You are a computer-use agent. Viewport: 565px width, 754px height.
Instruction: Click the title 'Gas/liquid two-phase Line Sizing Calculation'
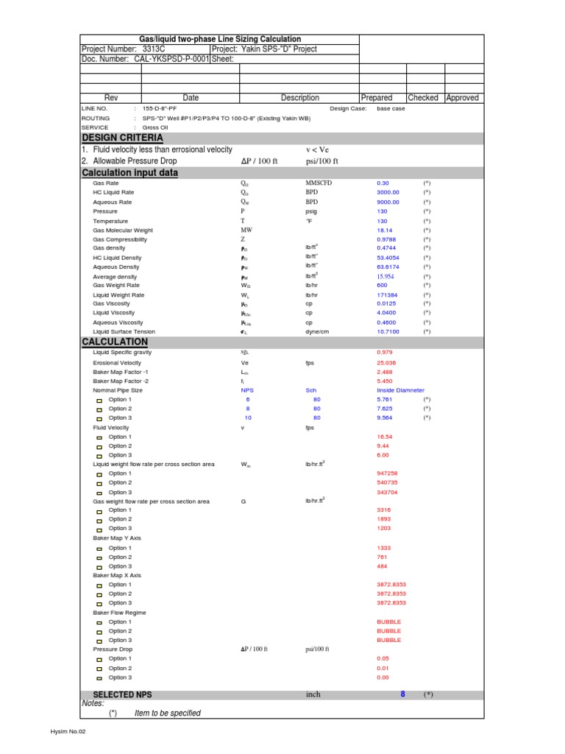[x=220, y=39]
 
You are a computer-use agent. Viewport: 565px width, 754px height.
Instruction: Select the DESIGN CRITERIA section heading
[x=122, y=138]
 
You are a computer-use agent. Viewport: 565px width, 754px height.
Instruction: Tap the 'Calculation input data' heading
[x=129, y=172]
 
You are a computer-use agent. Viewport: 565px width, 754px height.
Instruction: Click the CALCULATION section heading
[x=114, y=342]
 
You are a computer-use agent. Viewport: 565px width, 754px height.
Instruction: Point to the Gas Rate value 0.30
[x=383, y=183]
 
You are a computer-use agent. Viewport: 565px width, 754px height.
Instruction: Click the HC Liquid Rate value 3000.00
[x=388, y=192]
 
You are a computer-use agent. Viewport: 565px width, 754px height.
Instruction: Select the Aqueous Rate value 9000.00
[x=388, y=202]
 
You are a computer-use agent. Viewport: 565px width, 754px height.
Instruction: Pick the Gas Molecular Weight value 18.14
[x=385, y=230]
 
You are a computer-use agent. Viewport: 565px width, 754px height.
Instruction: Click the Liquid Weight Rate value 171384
[x=387, y=295]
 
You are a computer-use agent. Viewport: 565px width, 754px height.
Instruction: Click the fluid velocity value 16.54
[x=384, y=437]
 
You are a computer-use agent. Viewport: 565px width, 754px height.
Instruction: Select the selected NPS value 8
[x=402, y=694]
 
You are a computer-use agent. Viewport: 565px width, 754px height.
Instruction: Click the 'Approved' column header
[x=462, y=97]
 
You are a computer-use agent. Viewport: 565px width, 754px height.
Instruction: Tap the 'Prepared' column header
[x=377, y=97]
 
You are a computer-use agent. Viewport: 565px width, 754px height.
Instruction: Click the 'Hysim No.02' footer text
[x=68, y=733]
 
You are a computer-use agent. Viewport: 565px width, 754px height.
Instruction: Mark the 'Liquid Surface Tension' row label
[x=124, y=331]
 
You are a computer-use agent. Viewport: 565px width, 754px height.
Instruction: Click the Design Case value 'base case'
[x=391, y=108]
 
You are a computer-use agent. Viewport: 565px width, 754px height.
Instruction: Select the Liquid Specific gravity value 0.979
[x=384, y=353]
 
